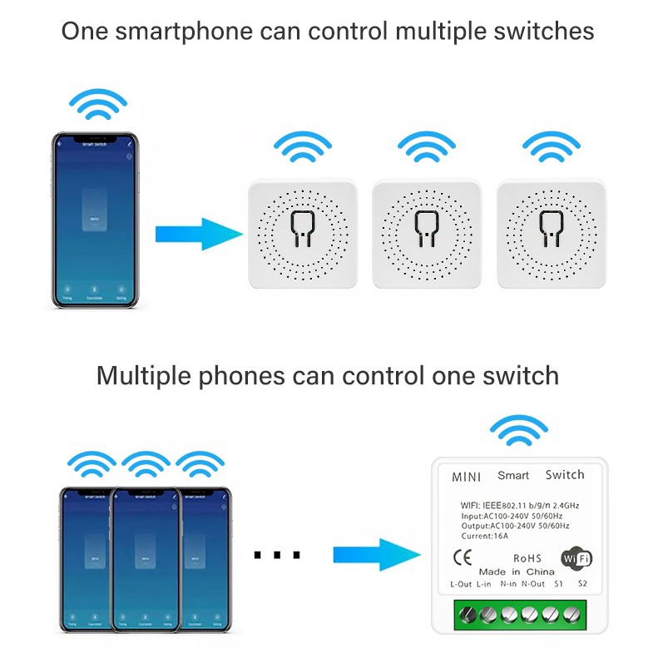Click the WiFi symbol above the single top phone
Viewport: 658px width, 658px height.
pyautogui.click(x=98, y=105)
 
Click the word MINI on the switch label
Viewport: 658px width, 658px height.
pyautogui.click(x=466, y=477)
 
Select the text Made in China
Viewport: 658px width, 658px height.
pyautogui.click(x=517, y=571)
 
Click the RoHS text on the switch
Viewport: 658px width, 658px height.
pyautogui.click(x=527, y=558)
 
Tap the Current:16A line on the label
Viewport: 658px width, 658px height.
pyautogui.click(x=485, y=537)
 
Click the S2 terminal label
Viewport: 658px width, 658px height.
pyautogui.click(x=582, y=583)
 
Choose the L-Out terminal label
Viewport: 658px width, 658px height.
pyautogui.click(x=462, y=584)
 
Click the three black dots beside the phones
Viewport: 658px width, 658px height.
pyautogui.click(x=276, y=555)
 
